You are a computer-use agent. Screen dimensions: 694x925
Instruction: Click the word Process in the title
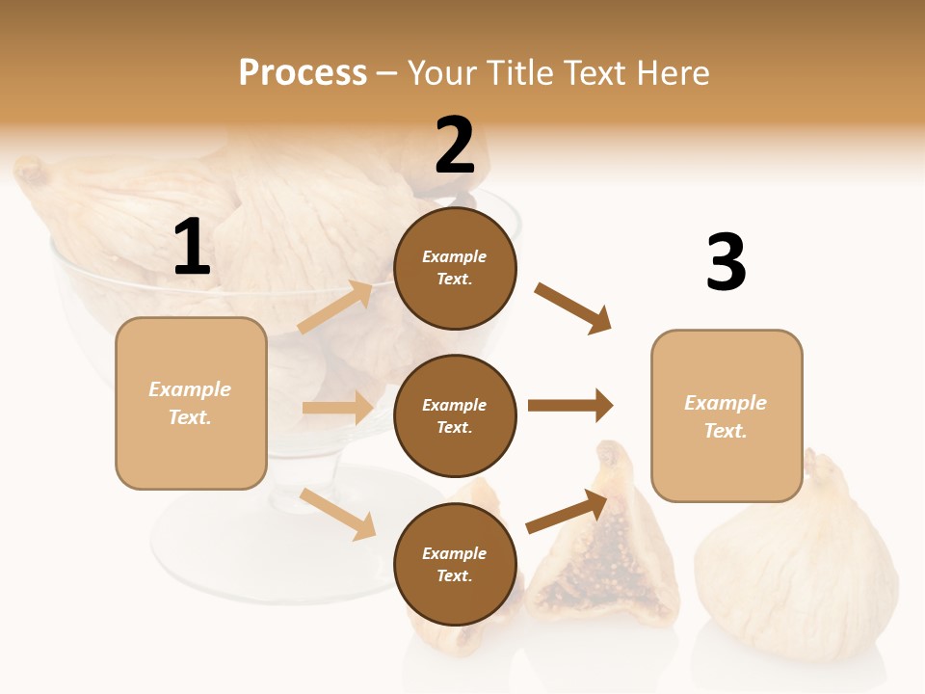pos(303,73)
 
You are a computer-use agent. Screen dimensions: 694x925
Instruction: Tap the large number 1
pos(192,248)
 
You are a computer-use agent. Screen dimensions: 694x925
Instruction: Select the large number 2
pos(455,146)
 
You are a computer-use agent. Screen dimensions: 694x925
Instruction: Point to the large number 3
pos(726,262)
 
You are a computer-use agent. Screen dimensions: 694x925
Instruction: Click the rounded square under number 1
pos(191,403)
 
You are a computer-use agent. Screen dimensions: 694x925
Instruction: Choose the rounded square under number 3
pos(727,415)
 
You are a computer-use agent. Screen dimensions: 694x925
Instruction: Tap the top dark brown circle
pos(455,268)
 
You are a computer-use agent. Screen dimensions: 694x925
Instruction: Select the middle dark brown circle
pos(455,415)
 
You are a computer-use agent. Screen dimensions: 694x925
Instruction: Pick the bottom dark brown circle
pos(455,564)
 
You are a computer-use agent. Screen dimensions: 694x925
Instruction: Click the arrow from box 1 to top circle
pos(335,307)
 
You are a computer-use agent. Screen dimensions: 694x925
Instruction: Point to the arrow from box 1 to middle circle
pos(337,408)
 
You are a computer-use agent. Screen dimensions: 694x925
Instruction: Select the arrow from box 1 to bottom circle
pos(338,514)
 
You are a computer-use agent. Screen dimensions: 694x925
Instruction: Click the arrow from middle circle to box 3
pos(570,406)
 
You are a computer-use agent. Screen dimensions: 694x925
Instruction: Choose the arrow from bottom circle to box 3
pos(568,512)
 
